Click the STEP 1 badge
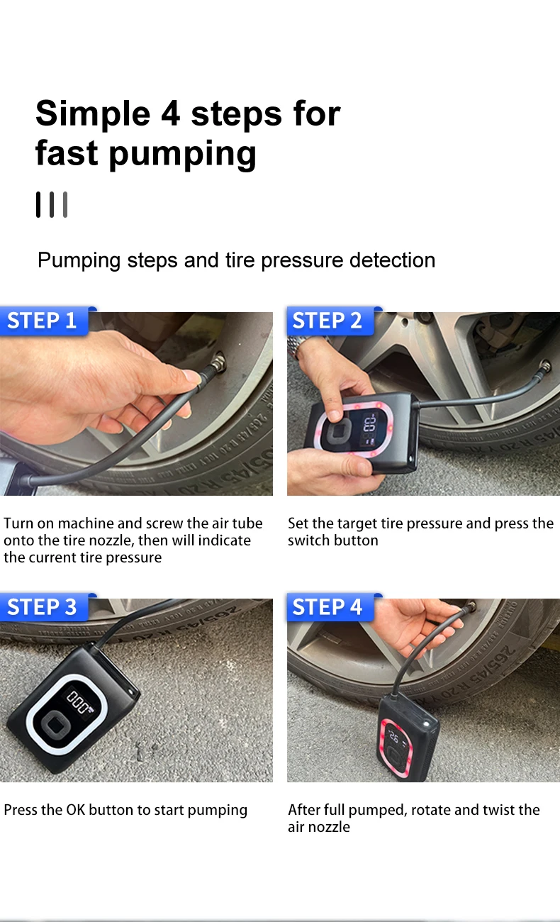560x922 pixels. point(44,321)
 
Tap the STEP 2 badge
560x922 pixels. point(330,321)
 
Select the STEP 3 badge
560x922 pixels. point(44,606)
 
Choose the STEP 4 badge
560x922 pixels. point(330,606)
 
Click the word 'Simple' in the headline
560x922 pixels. point(93,114)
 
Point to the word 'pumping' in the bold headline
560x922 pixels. point(183,155)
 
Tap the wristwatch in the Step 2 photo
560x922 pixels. point(300,346)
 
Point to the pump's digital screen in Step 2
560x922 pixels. point(369,430)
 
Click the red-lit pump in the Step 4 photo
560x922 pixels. point(408,737)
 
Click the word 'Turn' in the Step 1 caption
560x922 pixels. point(18,523)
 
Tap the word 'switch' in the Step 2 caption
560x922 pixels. point(306,540)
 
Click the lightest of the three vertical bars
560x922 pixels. point(65,204)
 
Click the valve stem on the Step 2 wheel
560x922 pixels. point(546,365)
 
